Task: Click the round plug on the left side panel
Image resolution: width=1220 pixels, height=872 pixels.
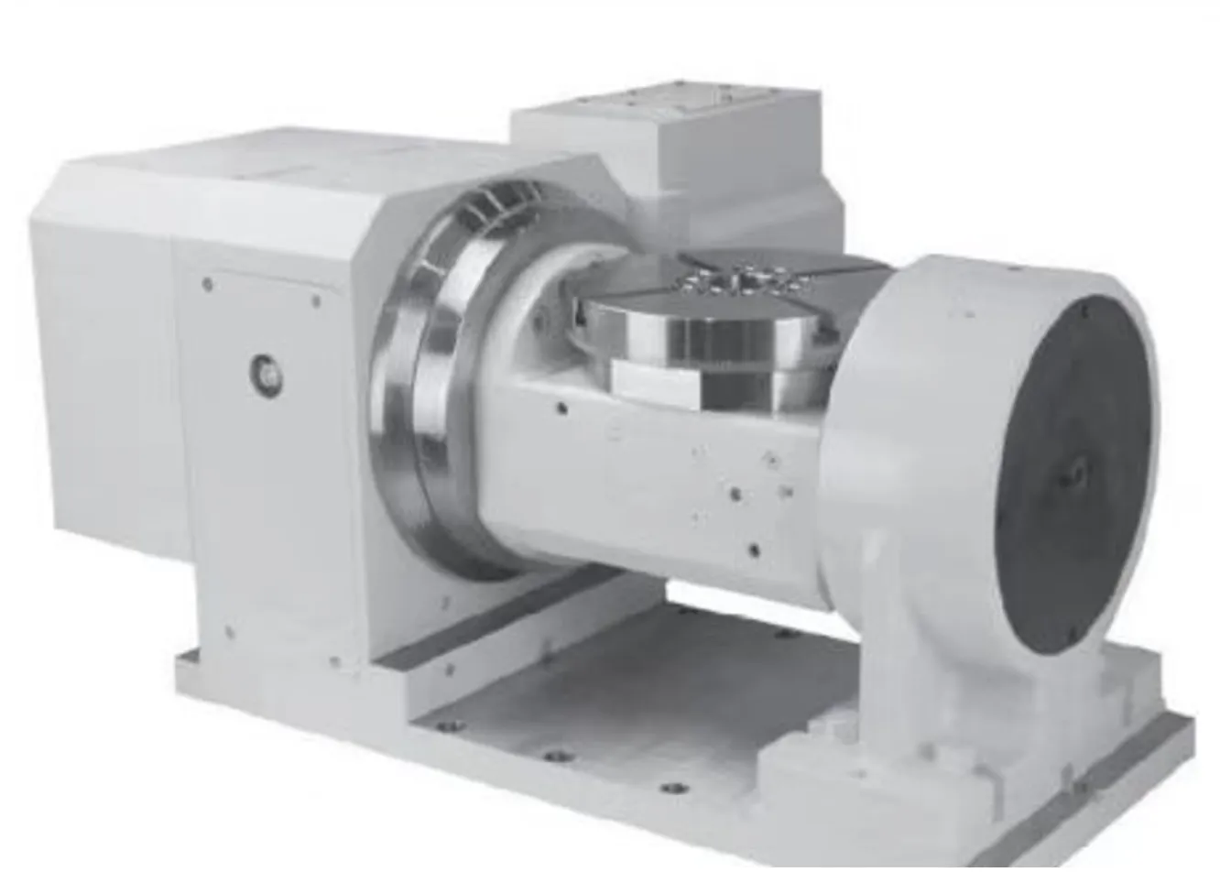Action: [x=266, y=371]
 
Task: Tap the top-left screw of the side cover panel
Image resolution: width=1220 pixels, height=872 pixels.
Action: [x=207, y=285]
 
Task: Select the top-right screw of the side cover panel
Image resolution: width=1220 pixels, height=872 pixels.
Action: [x=316, y=300]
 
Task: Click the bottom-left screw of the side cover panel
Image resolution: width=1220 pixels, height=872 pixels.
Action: [x=228, y=631]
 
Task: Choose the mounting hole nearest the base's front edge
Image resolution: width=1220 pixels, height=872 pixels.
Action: [x=673, y=788]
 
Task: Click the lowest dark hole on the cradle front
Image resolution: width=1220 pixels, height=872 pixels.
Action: [x=753, y=550]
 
